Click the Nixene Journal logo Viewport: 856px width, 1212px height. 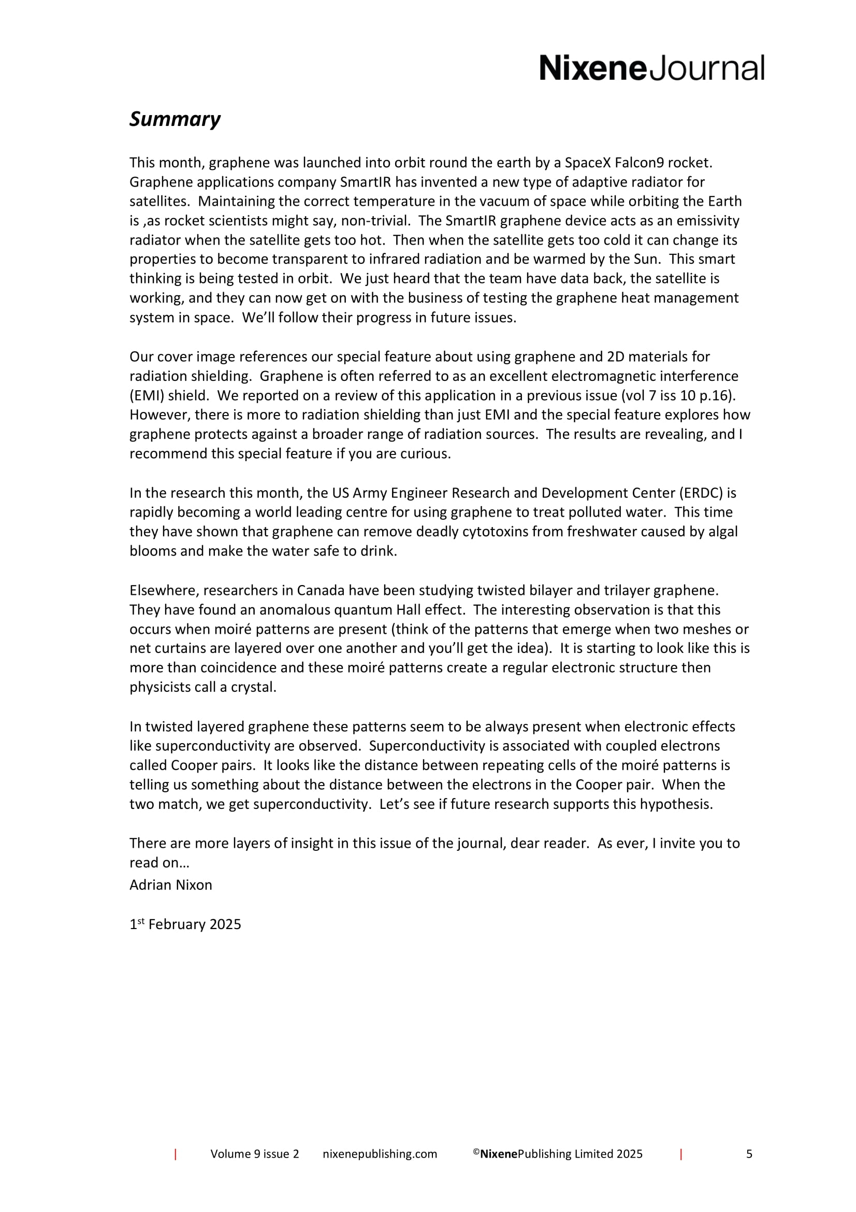tap(651, 68)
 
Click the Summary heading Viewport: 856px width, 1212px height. tap(175, 119)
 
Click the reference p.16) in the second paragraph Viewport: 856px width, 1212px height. tap(719, 395)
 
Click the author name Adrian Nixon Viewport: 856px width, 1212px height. tap(170, 885)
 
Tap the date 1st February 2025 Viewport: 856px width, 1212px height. tap(185, 924)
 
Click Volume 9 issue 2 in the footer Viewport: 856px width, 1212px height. tap(254, 1154)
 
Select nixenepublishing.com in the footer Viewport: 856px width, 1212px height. tap(380, 1154)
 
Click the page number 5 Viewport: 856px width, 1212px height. tap(749, 1154)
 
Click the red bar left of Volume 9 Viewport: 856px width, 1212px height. tap(175, 1154)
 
